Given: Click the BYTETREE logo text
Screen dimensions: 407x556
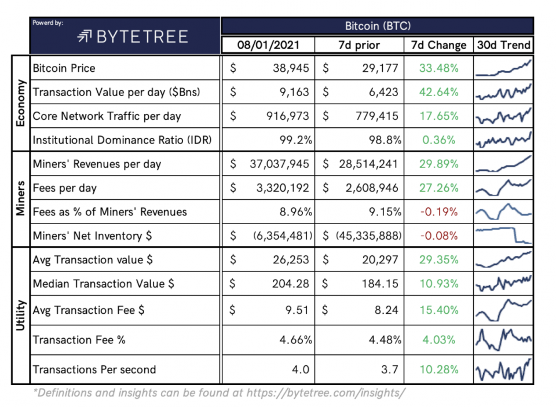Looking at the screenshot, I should [133, 37].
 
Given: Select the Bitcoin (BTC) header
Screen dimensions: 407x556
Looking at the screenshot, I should [376, 26].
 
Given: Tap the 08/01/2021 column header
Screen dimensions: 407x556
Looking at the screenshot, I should [267, 45].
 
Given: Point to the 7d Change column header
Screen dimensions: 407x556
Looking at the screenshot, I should [438, 45].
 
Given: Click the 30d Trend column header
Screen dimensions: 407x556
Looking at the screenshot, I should [503, 45].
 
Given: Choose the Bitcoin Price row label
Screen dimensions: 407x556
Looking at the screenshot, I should [64, 68].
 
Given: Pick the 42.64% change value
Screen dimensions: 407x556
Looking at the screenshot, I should [438, 92].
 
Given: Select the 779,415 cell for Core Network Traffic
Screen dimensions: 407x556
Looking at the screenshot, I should [376, 116].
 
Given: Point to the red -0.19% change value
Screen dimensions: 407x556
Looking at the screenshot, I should [438, 212].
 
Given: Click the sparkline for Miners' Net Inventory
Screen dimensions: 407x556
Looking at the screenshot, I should [503, 236].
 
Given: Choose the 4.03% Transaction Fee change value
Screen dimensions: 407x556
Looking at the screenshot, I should [438, 340].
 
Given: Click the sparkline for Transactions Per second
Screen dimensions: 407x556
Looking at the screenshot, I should [503, 369].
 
